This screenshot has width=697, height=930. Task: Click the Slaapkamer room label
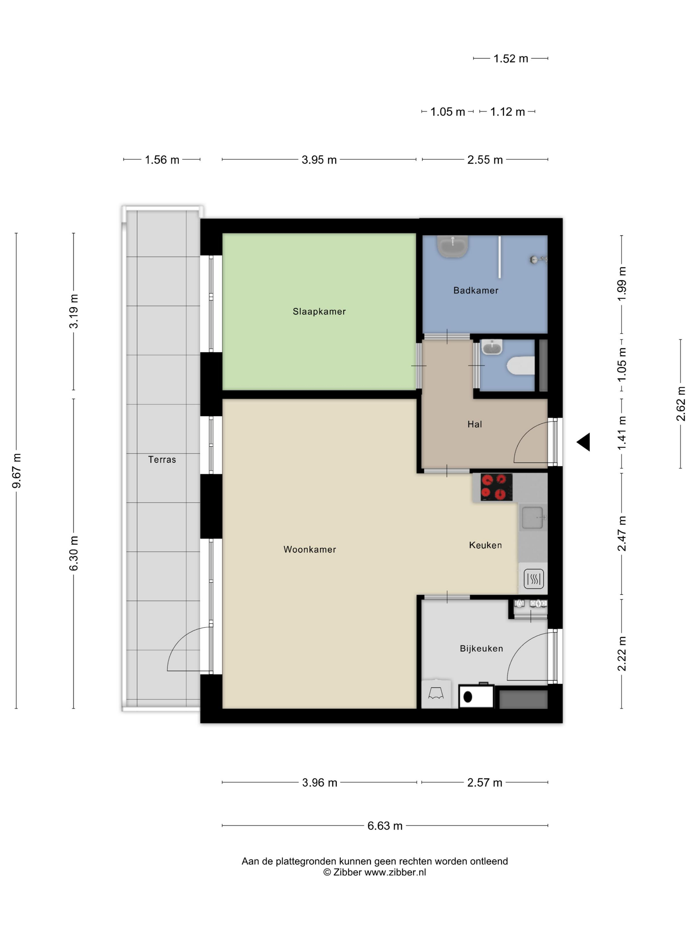(319, 312)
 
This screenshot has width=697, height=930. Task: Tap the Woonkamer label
(310, 549)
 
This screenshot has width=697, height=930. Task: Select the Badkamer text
(476, 291)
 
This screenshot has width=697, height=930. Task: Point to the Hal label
(474, 424)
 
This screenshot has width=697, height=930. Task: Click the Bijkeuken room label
(481, 649)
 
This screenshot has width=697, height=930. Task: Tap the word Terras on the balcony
(162, 460)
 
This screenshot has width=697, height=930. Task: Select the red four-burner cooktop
(496, 487)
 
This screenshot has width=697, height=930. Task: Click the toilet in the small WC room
(520, 365)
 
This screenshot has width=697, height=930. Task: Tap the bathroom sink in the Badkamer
(452, 246)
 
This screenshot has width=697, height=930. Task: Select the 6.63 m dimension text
(385, 826)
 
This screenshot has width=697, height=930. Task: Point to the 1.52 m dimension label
(510, 58)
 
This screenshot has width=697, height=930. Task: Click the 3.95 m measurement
(319, 160)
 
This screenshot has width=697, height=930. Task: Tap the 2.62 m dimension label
(681, 404)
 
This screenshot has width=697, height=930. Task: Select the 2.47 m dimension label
(622, 533)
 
